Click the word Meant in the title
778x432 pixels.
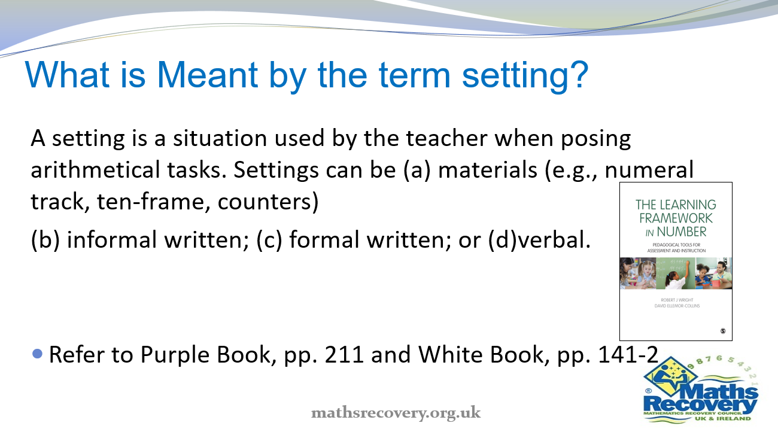(206, 75)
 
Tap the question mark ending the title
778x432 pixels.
(577, 75)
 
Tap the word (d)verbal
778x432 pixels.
(546, 240)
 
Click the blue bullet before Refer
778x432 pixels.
(38, 354)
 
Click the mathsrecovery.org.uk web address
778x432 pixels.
(396, 412)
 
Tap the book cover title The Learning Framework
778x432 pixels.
(676, 217)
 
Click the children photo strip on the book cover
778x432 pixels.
(676, 273)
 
